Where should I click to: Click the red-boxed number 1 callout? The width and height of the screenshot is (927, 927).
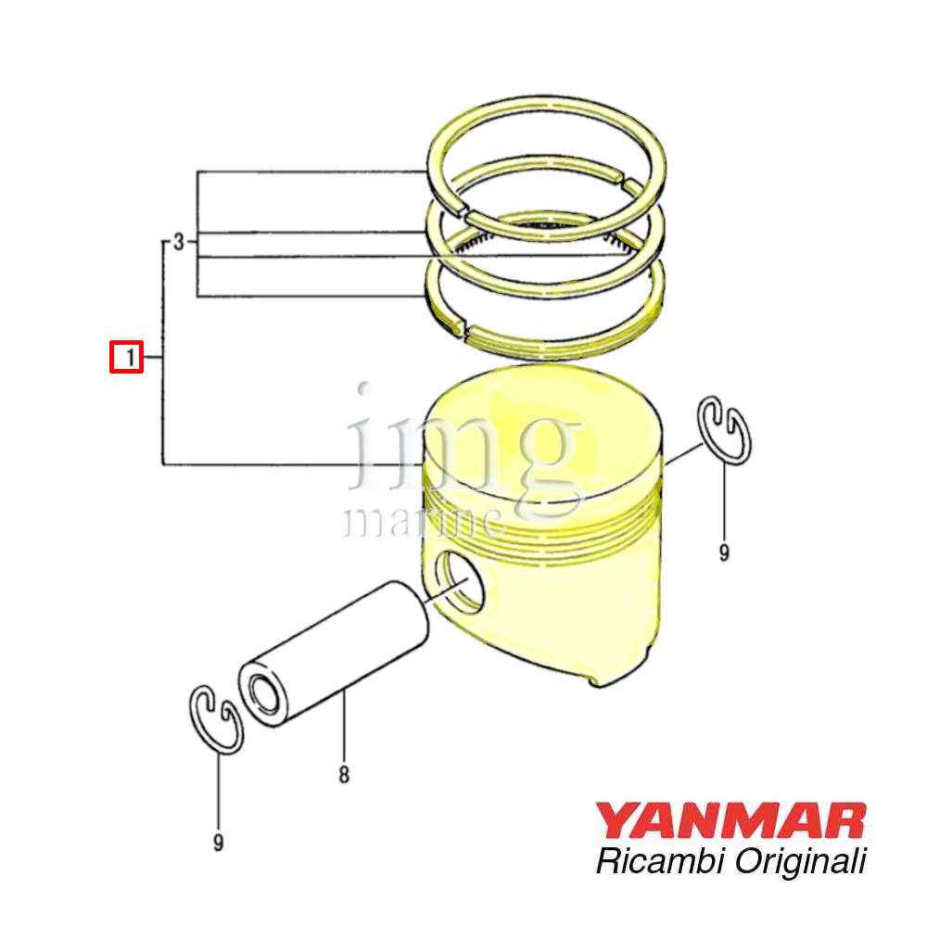pos(126,357)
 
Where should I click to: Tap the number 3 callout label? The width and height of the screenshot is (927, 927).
pos(179,242)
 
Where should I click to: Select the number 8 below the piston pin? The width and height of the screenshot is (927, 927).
pos(344,774)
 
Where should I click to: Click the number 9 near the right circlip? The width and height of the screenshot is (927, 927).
pos(724,552)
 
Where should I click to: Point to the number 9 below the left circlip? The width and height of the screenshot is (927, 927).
pos(218,843)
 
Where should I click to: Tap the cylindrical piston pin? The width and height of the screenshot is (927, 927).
pos(334,654)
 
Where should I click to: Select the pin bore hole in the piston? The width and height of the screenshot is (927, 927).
pos(460,582)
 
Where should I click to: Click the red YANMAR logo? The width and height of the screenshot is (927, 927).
pos(730,820)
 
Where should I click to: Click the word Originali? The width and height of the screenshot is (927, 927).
pos(801,861)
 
